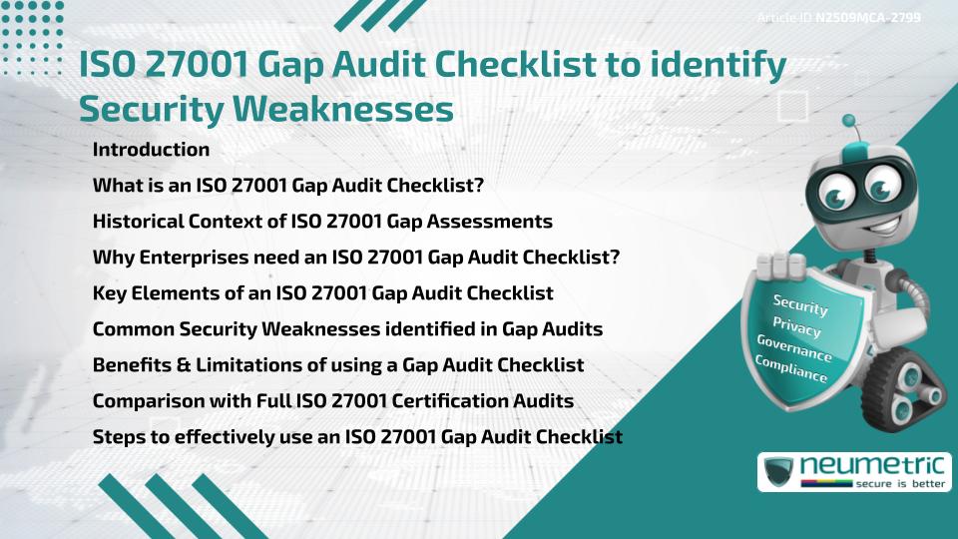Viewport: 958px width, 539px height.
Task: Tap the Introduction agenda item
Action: point(151,150)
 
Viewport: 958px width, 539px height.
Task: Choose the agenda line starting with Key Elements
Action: point(322,293)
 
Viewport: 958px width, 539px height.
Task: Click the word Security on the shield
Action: point(800,305)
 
